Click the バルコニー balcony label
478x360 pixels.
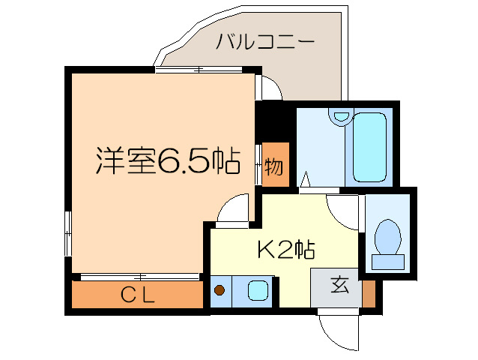264,42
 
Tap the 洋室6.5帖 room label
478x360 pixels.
167,160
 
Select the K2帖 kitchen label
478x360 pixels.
285,249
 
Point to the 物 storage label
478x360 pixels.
275,165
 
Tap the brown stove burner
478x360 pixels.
220,290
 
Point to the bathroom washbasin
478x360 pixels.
342,116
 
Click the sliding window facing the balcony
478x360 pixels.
200,70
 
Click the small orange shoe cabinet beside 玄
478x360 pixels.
368,292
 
